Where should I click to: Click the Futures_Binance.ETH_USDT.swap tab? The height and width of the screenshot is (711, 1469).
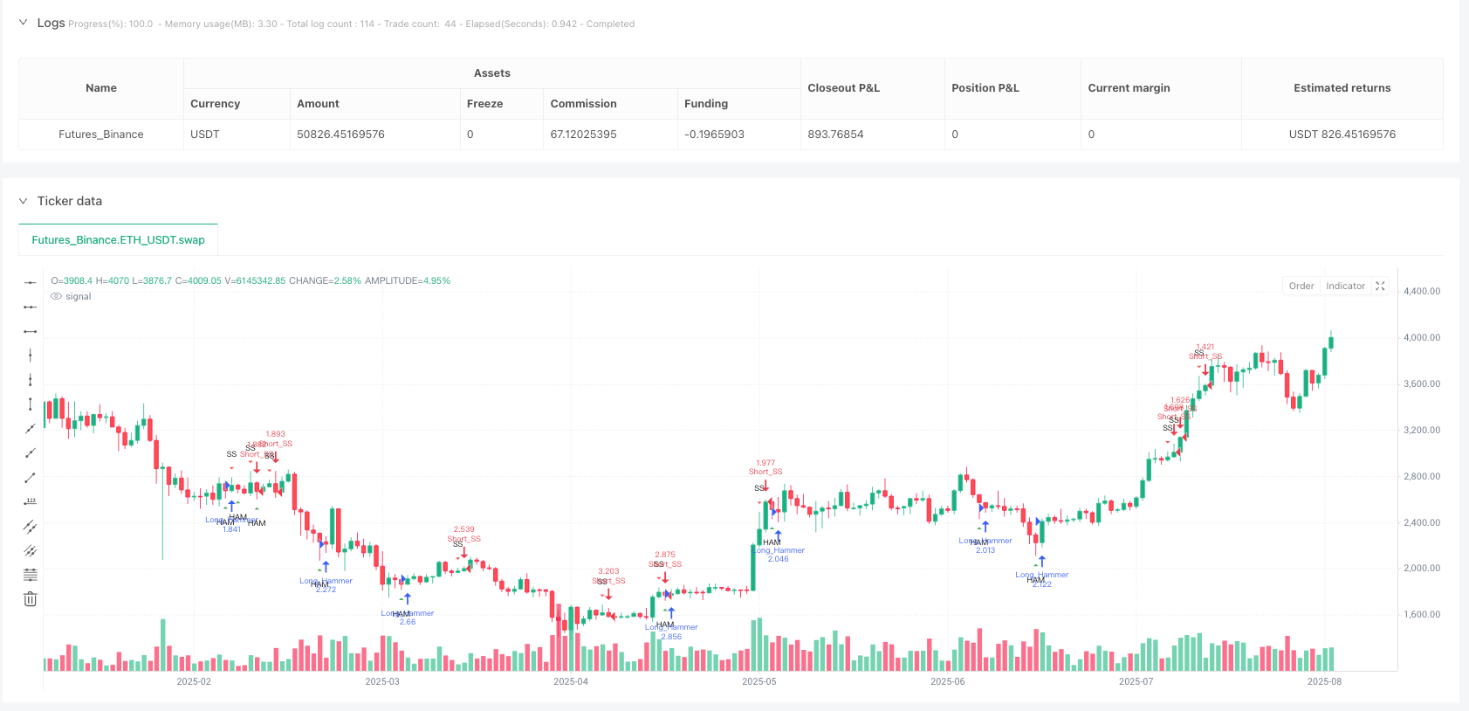[118, 240]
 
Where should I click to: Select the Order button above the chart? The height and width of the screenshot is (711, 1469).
[1301, 286]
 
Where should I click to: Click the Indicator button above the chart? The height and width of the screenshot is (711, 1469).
[1344, 286]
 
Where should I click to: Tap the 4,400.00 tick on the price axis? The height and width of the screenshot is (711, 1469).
[1421, 292]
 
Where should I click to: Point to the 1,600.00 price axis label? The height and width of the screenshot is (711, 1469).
[1421, 615]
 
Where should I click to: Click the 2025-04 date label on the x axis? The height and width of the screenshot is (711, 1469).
[570, 681]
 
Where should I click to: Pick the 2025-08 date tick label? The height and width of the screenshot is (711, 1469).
[1323, 681]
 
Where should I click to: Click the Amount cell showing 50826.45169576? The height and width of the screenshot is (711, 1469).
[340, 135]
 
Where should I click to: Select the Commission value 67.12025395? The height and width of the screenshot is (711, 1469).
[583, 135]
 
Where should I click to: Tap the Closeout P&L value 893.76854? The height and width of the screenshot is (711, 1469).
[835, 135]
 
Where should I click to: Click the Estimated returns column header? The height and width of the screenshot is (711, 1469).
[1342, 88]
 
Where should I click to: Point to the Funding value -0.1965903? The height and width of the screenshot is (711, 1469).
[714, 135]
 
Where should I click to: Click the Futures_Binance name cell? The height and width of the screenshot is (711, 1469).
[101, 135]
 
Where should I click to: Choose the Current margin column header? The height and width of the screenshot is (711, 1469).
[1129, 88]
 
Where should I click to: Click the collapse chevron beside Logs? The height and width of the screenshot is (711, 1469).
[23, 23]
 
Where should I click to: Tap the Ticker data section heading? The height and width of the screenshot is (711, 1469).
[70, 201]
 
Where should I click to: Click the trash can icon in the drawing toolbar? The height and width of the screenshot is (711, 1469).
[31, 599]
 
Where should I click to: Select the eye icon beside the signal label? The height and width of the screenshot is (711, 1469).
[57, 297]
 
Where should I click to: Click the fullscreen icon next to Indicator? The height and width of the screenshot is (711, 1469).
[1380, 286]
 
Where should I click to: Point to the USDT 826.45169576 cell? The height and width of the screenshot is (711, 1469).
[1342, 135]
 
